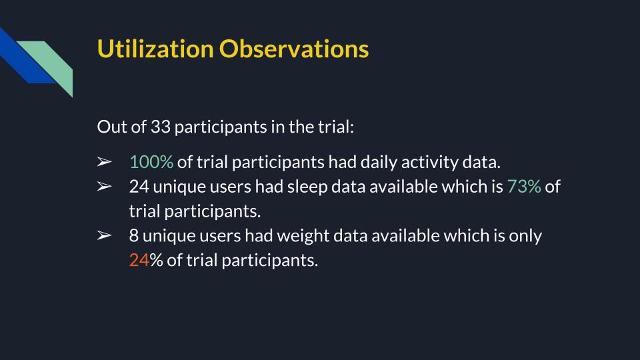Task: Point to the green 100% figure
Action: pyautogui.click(x=151, y=162)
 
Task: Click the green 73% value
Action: pyautogui.click(x=524, y=187)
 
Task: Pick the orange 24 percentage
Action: pyautogui.click(x=139, y=260)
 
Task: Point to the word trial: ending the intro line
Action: pyautogui.click(x=334, y=127)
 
